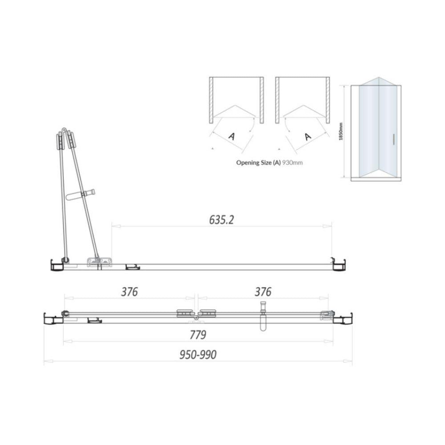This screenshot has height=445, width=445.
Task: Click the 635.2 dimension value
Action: coord(221,220)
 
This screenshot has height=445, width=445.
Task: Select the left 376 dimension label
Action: coord(129,291)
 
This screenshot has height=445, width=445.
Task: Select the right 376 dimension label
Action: coord(263,291)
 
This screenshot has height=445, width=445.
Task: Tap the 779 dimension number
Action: coord(198,334)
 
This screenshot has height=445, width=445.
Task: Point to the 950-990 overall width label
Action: coord(198,355)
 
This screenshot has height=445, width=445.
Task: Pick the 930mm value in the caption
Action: coord(293,162)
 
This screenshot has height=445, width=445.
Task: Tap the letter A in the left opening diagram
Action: coord(231,136)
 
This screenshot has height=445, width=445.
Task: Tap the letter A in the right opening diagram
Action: coord(307,136)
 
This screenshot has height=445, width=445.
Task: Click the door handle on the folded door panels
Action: coord(83,194)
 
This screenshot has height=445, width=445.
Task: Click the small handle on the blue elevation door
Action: coord(394,139)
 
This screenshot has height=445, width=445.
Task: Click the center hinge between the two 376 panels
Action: coord(196,314)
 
